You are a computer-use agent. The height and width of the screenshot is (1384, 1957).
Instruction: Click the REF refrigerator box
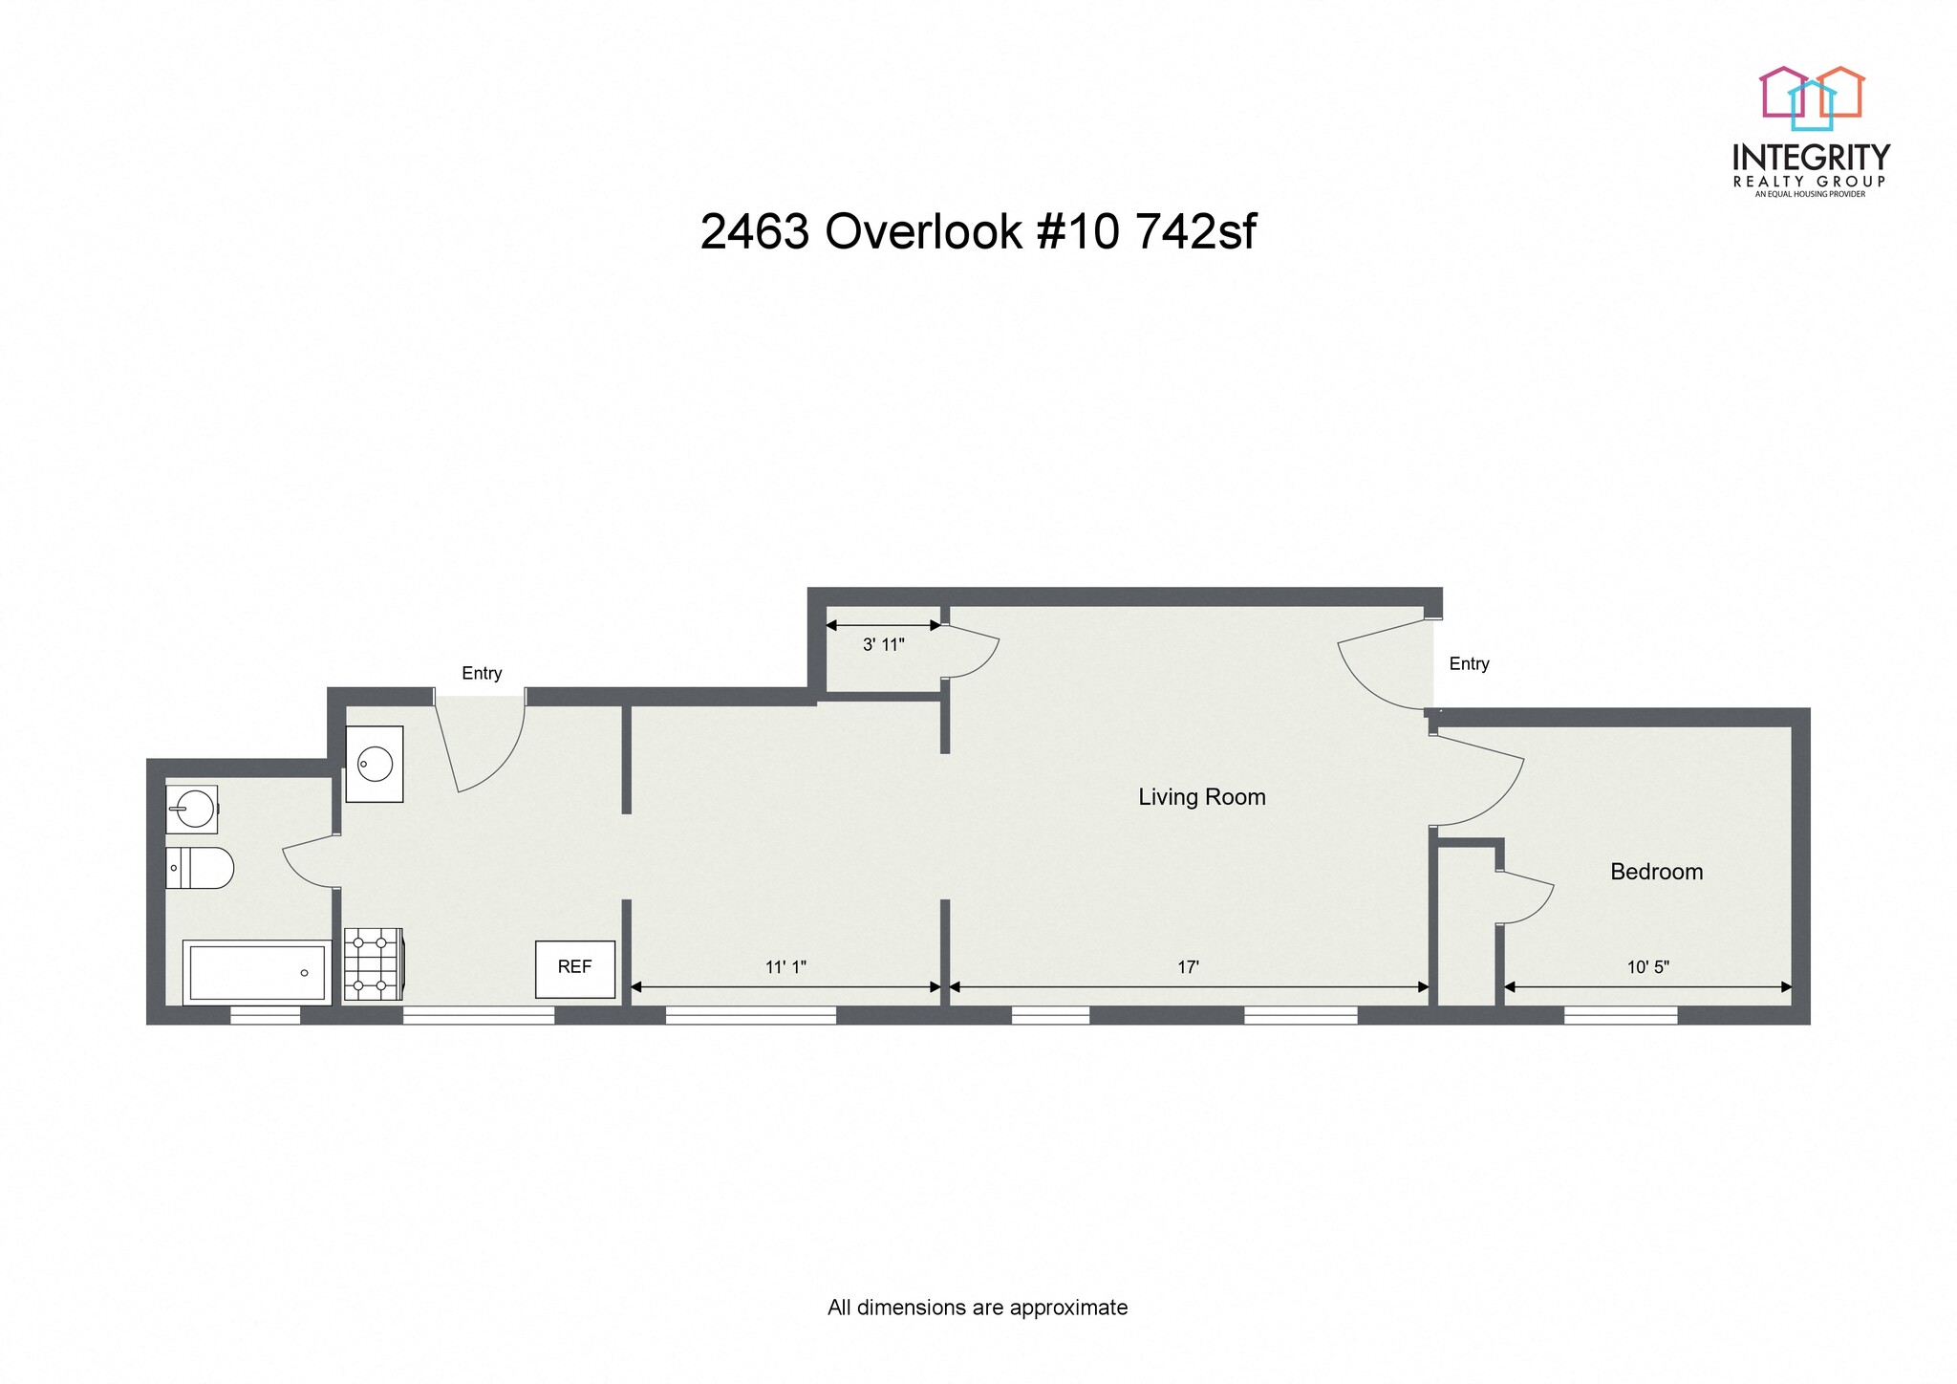tap(574, 968)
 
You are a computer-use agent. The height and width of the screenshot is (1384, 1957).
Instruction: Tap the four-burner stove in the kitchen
tap(372, 963)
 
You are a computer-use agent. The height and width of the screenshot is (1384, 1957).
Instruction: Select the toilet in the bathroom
tap(200, 868)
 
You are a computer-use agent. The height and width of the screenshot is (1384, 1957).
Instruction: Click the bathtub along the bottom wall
tap(256, 972)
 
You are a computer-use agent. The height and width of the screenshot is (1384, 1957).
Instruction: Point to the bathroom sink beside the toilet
tap(192, 810)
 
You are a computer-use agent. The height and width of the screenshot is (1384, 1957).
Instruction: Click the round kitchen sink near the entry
tap(374, 764)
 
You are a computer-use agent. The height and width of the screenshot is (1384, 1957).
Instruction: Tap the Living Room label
tap(1201, 796)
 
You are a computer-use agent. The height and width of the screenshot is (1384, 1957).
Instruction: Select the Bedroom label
tap(1656, 871)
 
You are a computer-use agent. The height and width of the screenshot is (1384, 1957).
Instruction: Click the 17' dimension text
tap(1187, 967)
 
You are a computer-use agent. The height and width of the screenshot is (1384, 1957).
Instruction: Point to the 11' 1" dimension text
tap(785, 967)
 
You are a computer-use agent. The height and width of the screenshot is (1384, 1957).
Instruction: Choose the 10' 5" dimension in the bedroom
tap(1647, 967)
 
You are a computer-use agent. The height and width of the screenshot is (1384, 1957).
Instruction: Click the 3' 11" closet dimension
tap(883, 645)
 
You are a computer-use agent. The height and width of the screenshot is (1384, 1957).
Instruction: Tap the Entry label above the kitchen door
tap(482, 673)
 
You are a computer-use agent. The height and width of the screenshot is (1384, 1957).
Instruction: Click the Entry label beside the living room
tap(1469, 663)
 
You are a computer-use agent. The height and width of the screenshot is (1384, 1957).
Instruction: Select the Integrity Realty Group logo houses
tap(1812, 97)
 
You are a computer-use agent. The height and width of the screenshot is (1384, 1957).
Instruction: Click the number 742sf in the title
tap(1195, 232)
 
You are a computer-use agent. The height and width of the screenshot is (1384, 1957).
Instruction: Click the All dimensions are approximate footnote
tap(977, 1307)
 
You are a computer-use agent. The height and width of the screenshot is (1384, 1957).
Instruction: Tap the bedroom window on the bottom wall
tap(1620, 1015)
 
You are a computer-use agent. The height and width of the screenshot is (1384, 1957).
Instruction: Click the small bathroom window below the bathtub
tap(266, 1015)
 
